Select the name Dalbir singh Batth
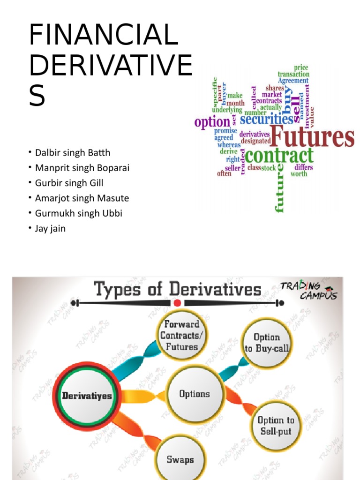pyautogui.click(x=73, y=152)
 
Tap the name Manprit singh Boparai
pyautogui.click(x=82, y=168)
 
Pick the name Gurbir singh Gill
pyautogui.click(x=69, y=183)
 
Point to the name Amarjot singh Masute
pyautogui.click(x=82, y=198)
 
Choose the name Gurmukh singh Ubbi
pyautogui.click(x=79, y=213)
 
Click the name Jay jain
pyautogui.click(x=50, y=229)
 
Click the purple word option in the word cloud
pyautogui.click(x=212, y=122)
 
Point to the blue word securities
pyautogui.click(x=266, y=119)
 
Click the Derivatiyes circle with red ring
pyautogui.click(x=87, y=396)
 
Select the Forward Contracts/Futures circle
pyautogui.click(x=180, y=335)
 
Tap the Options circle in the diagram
pyautogui.click(x=195, y=394)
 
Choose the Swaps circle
pyautogui.click(x=180, y=459)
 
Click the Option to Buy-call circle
pyautogui.click(x=266, y=343)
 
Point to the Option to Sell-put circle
pyautogui.click(x=276, y=426)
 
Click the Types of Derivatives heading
pyautogui.click(x=178, y=290)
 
